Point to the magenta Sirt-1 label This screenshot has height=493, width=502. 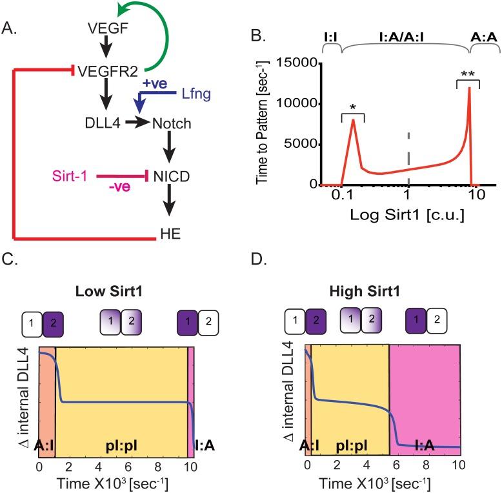71,174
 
